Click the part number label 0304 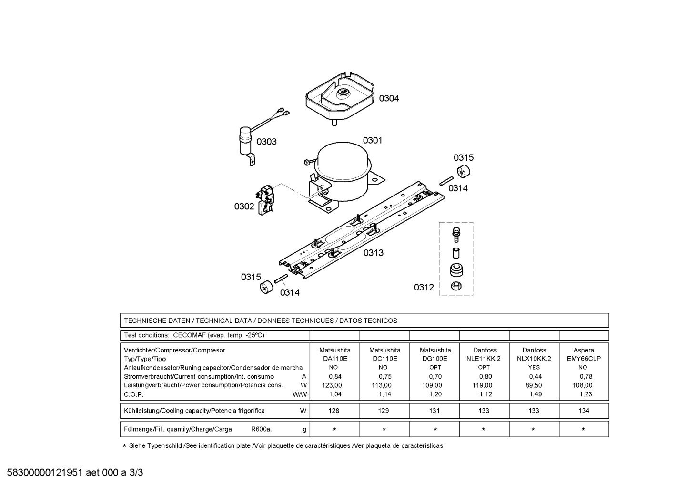(x=389, y=99)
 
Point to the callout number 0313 (x=374, y=253)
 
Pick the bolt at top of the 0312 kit (x=456, y=234)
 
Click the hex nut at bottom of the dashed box (x=456, y=286)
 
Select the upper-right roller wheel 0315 (x=464, y=171)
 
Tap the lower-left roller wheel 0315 (x=266, y=287)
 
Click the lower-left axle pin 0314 (x=281, y=279)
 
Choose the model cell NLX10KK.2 (x=534, y=359)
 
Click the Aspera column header (x=584, y=350)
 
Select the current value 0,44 (x=535, y=376)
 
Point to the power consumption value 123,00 (x=332, y=385)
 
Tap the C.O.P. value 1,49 (x=535, y=394)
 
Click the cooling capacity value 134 (x=584, y=411)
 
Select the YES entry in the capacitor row (x=534, y=368)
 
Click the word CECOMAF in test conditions (x=189, y=335)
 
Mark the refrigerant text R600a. (x=261, y=429)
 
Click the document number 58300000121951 (x=45, y=473)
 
